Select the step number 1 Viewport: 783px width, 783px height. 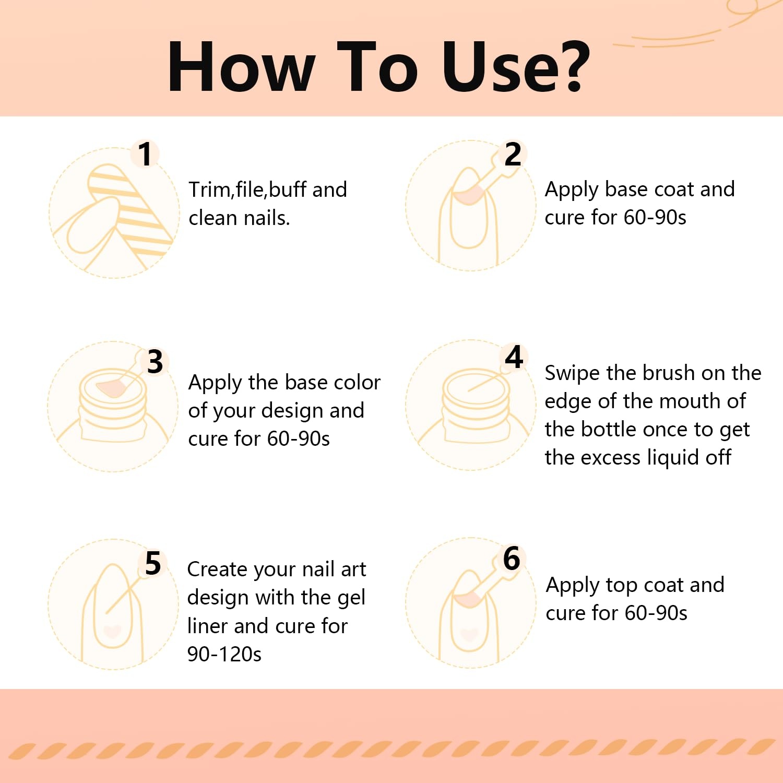pyautogui.click(x=145, y=155)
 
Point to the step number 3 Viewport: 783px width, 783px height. pyautogui.click(x=155, y=362)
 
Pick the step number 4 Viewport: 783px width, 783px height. pyautogui.click(x=514, y=357)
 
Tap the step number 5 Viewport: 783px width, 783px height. pyautogui.click(x=153, y=563)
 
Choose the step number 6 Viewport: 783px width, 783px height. pyautogui.click(x=512, y=559)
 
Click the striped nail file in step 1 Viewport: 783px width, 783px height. pyautogui.click(x=130, y=209)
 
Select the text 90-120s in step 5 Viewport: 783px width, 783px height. pyautogui.click(x=224, y=654)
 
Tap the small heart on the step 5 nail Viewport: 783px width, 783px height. pyautogui.click(x=112, y=631)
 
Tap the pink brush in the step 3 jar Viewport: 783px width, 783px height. pyautogui.click(x=112, y=387)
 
